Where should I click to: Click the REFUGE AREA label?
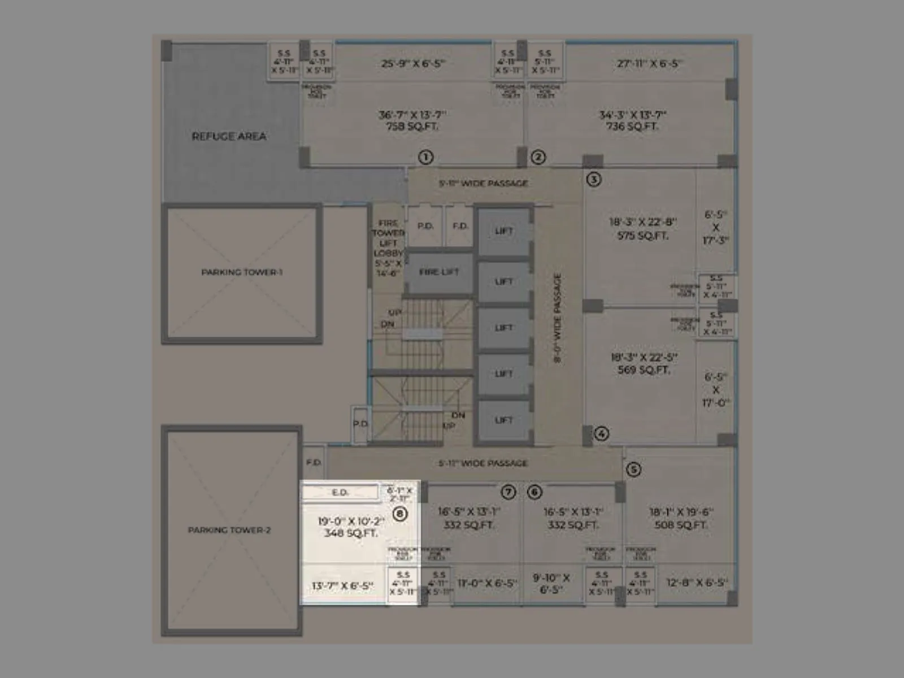[229, 136]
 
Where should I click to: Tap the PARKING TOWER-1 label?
[242, 272]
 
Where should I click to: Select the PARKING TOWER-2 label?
[229, 530]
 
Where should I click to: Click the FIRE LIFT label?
[439, 272]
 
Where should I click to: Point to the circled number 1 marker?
[425, 157]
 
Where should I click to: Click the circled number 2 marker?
[538, 157]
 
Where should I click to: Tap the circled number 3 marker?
[593, 179]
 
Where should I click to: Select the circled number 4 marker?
[601, 433]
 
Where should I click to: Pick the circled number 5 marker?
[633, 470]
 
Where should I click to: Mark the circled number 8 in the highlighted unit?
[400, 514]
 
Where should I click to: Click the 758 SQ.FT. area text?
[412, 127]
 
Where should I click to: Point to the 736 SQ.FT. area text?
[632, 127]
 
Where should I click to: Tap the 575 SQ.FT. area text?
[642, 236]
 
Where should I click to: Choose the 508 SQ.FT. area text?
[681, 525]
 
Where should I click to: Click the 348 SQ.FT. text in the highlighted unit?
[350, 533]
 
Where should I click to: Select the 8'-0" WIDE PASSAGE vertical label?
[557, 318]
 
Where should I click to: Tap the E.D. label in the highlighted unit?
[340, 493]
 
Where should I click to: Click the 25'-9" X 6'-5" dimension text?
[413, 63]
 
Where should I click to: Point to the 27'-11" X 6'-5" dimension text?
[649, 63]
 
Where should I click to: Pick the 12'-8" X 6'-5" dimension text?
[697, 583]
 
